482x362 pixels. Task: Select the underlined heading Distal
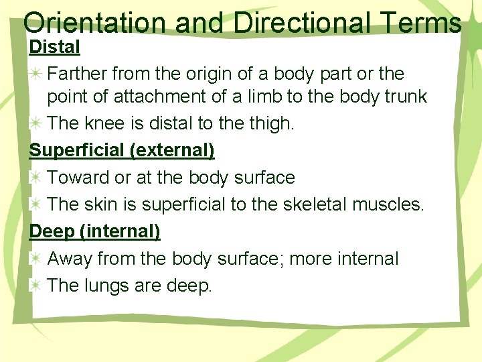(55, 47)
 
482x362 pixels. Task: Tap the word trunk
(402, 97)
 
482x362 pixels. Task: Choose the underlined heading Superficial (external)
(122, 150)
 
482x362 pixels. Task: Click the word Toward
(76, 178)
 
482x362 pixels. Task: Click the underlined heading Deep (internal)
(95, 232)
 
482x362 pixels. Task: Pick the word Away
(69, 259)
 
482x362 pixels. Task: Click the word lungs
(108, 286)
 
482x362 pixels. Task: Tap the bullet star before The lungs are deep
(35, 286)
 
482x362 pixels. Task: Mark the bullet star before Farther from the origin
(35, 72)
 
